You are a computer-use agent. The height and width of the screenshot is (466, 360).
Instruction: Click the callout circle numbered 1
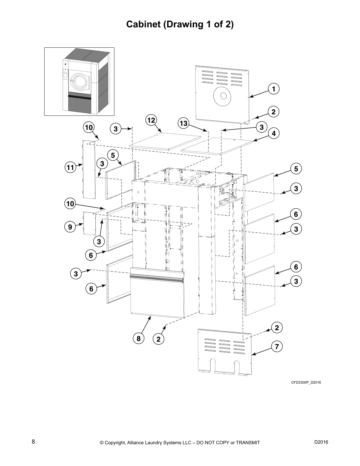(274, 89)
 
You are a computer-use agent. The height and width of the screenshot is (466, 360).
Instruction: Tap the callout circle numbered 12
(151, 120)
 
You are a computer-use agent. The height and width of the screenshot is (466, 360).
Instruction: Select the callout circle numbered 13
(183, 124)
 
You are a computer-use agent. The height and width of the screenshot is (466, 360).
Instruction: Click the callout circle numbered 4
(274, 133)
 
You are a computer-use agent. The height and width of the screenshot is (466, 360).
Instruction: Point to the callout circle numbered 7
(277, 347)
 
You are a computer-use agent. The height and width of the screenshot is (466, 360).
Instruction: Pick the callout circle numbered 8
(139, 339)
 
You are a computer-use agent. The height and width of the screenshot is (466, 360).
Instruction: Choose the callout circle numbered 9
(70, 227)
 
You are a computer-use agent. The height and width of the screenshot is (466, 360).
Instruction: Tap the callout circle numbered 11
(70, 168)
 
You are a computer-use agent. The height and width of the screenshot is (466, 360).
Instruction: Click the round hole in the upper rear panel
(224, 96)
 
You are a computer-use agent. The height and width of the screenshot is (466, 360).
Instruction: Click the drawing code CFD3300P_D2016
(306, 382)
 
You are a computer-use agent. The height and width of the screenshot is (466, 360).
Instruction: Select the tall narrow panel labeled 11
(89, 169)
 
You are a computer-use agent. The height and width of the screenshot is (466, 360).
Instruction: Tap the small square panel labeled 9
(90, 224)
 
